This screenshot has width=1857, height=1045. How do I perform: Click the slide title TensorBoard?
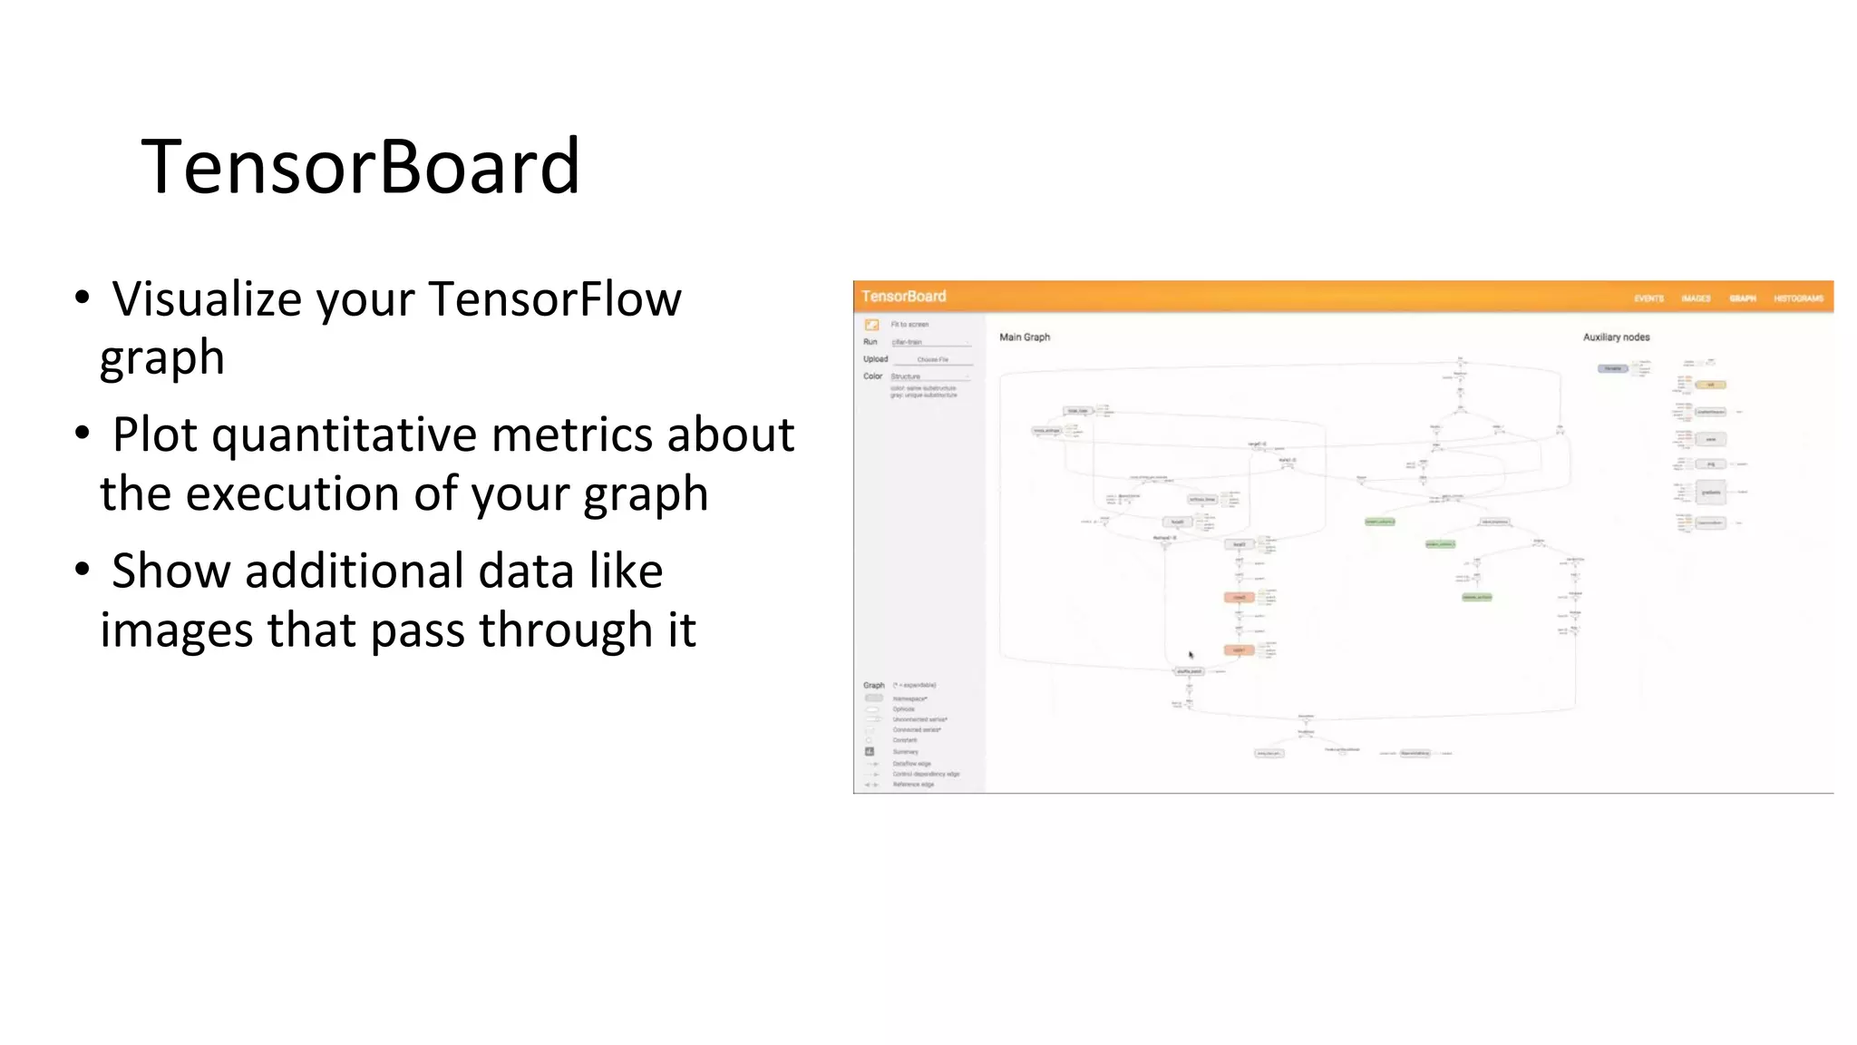[x=360, y=166]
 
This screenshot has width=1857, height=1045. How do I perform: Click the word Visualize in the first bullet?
[x=207, y=299]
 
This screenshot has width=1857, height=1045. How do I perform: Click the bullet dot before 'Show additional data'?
[x=83, y=569]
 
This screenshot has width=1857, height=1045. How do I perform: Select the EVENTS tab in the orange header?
[x=1648, y=298]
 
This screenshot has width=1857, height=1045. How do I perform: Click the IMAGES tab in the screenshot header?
[x=1696, y=298]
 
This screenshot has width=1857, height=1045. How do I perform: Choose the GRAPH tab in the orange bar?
[x=1742, y=298]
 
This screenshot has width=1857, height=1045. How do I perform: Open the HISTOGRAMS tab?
[x=1798, y=298]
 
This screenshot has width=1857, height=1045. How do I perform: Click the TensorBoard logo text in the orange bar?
[x=903, y=297]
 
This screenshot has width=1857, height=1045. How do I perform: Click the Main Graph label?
[x=1025, y=337]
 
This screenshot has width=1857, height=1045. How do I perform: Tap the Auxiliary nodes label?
[x=1616, y=337]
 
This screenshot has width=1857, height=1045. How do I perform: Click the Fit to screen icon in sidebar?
[x=871, y=325]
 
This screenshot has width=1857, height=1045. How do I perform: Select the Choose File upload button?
[x=932, y=360]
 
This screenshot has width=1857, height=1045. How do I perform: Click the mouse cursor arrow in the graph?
[x=1191, y=654]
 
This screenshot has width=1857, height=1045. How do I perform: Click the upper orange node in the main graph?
[x=1239, y=597]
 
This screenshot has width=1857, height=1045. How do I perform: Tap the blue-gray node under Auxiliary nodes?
[x=1612, y=368]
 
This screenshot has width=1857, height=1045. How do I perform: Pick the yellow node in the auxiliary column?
[x=1710, y=385]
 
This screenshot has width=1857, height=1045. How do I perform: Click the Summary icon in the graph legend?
[x=870, y=752]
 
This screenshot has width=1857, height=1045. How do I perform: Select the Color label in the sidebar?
[x=872, y=376]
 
